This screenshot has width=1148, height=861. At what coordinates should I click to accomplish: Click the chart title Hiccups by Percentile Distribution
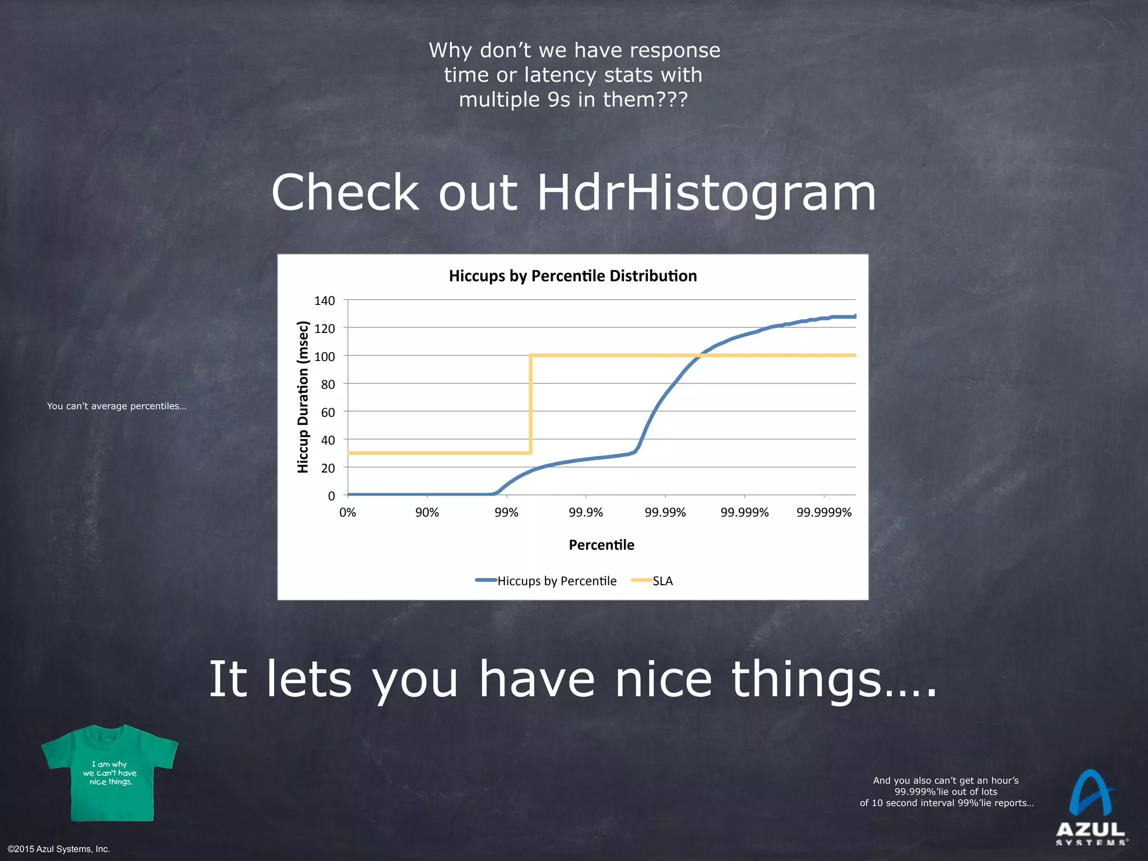pyautogui.click(x=573, y=276)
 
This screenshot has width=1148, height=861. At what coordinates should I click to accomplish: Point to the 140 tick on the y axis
pyautogui.click(x=325, y=301)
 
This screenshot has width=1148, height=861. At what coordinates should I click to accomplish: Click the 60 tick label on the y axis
pyautogui.click(x=327, y=413)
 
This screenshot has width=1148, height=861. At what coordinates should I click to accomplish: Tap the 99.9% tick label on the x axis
pyautogui.click(x=586, y=512)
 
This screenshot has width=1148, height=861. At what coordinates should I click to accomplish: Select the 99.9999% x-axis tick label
pyautogui.click(x=824, y=512)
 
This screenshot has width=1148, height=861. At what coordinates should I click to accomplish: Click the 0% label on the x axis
pyautogui.click(x=348, y=512)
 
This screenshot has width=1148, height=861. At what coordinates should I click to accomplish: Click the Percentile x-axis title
pyautogui.click(x=601, y=545)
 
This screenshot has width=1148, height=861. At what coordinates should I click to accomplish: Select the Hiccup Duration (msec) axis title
pyautogui.click(x=303, y=397)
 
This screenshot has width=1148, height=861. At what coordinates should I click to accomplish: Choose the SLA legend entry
pyautogui.click(x=662, y=581)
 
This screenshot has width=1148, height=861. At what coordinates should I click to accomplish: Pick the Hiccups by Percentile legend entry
pyautogui.click(x=556, y=581)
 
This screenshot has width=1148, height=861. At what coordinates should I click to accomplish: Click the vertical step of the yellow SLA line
pyautogui.click(x=530, y=404)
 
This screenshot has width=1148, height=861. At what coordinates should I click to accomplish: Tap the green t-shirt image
pyautogui.click(x=110, y=774)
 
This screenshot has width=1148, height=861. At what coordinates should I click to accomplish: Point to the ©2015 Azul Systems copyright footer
pyautogui.click(x=59, y=849)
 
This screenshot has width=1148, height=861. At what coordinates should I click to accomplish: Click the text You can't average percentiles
pyautogui.click(x=117, y=406)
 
